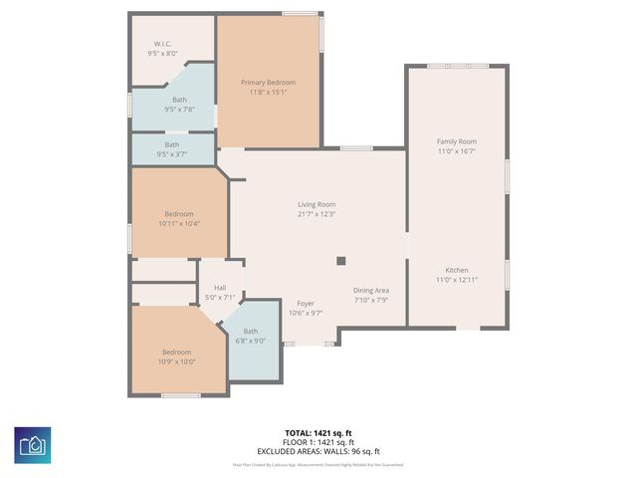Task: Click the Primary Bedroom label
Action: [x=268, y=82]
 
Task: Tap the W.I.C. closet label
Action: [x=163, y=44]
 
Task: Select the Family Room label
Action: [x=457, y=141]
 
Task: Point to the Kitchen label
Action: [x=457, y=270]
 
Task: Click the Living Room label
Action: [x=317, y=203]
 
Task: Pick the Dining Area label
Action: [x=369, y=290]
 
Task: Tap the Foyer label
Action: [x=306, y=303]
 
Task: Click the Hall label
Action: [x=220, y=288]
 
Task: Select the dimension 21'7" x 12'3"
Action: [x=317, y=213]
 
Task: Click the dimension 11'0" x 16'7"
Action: [x=457, y=151]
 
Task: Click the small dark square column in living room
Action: [x=340, y=261]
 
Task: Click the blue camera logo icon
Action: [x=33, y=442]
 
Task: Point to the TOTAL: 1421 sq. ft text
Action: [x=318, y=433]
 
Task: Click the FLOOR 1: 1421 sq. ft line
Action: [x=318, y=441]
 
